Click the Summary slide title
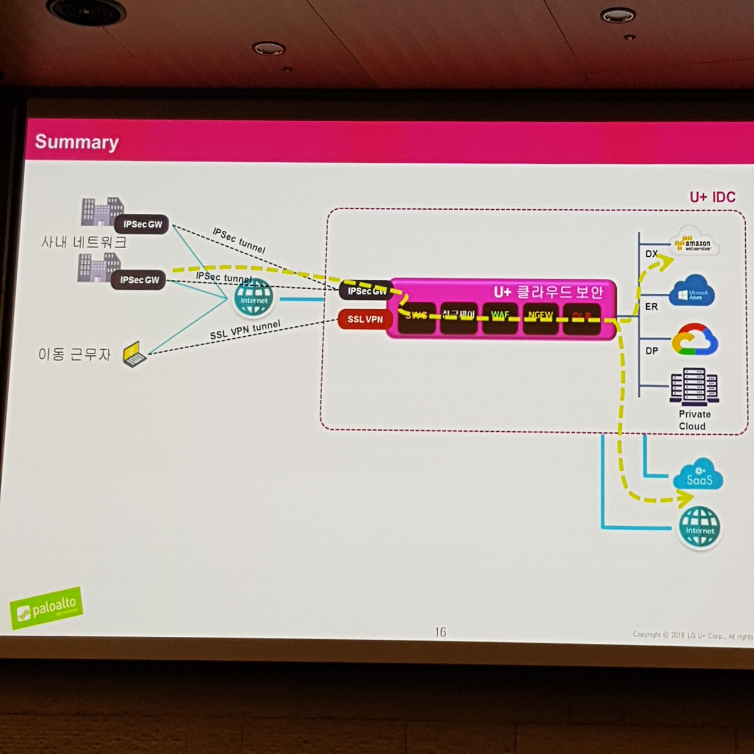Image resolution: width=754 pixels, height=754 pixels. [77, 142]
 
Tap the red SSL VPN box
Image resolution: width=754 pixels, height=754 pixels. [365, 319]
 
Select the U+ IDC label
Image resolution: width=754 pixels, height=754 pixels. [712, 197]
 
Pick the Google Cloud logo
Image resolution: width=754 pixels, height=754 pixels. [695, 340]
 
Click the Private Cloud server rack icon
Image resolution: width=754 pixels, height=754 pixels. [694, 387]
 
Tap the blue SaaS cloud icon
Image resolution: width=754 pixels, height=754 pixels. [699, 475]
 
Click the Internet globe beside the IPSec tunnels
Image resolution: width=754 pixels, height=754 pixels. [253, 298]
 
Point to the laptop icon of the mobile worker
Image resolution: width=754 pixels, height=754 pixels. [134, 354]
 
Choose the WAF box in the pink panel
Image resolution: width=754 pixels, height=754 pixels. [500, 317]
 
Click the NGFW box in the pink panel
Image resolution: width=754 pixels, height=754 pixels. [540, 317]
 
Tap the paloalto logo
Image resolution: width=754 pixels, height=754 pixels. [47, 607]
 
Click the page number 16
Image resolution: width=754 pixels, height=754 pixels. [440, 632]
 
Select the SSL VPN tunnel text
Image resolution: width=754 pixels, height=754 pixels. [245, 330]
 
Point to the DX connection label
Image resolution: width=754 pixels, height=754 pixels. [651, 254]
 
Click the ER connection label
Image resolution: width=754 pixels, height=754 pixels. [651, 306]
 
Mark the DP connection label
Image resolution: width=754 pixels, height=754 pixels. [652, 350]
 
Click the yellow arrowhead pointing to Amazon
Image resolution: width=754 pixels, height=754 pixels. [667, 262]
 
